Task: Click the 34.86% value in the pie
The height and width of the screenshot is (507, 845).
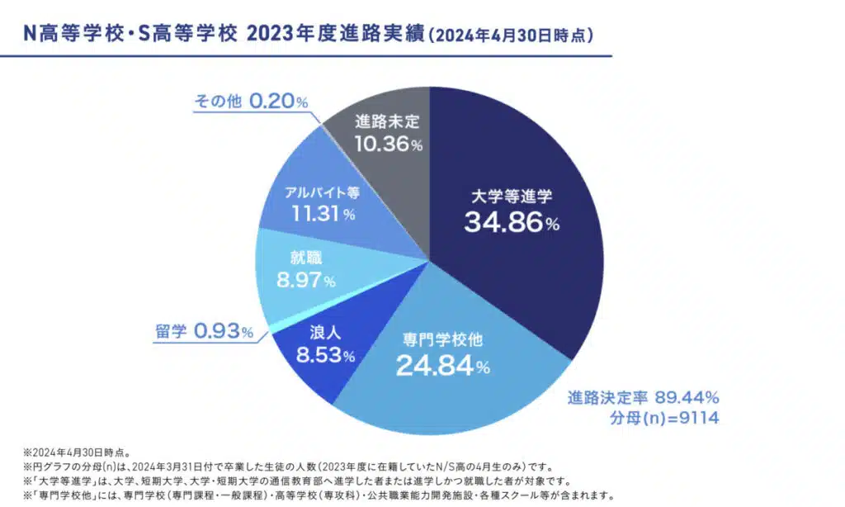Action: tap(512, 222)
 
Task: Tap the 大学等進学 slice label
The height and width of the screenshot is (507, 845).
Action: tap(512, 197)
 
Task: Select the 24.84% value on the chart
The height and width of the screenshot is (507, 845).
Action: tap(443, 364)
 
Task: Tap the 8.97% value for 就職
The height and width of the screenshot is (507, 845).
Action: tap(306, 281)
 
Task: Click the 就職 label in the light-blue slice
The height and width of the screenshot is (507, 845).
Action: tap(301, 258)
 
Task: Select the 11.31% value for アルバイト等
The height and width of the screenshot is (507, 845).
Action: tap(323, 214)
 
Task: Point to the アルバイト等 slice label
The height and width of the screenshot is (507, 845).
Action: tap(322, 192)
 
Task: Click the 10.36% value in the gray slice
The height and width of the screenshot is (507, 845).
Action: tap(387, 145)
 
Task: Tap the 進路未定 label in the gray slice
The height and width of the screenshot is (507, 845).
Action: tap(387, 121)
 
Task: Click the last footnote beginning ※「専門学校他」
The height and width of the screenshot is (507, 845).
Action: tap(318, 496)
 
